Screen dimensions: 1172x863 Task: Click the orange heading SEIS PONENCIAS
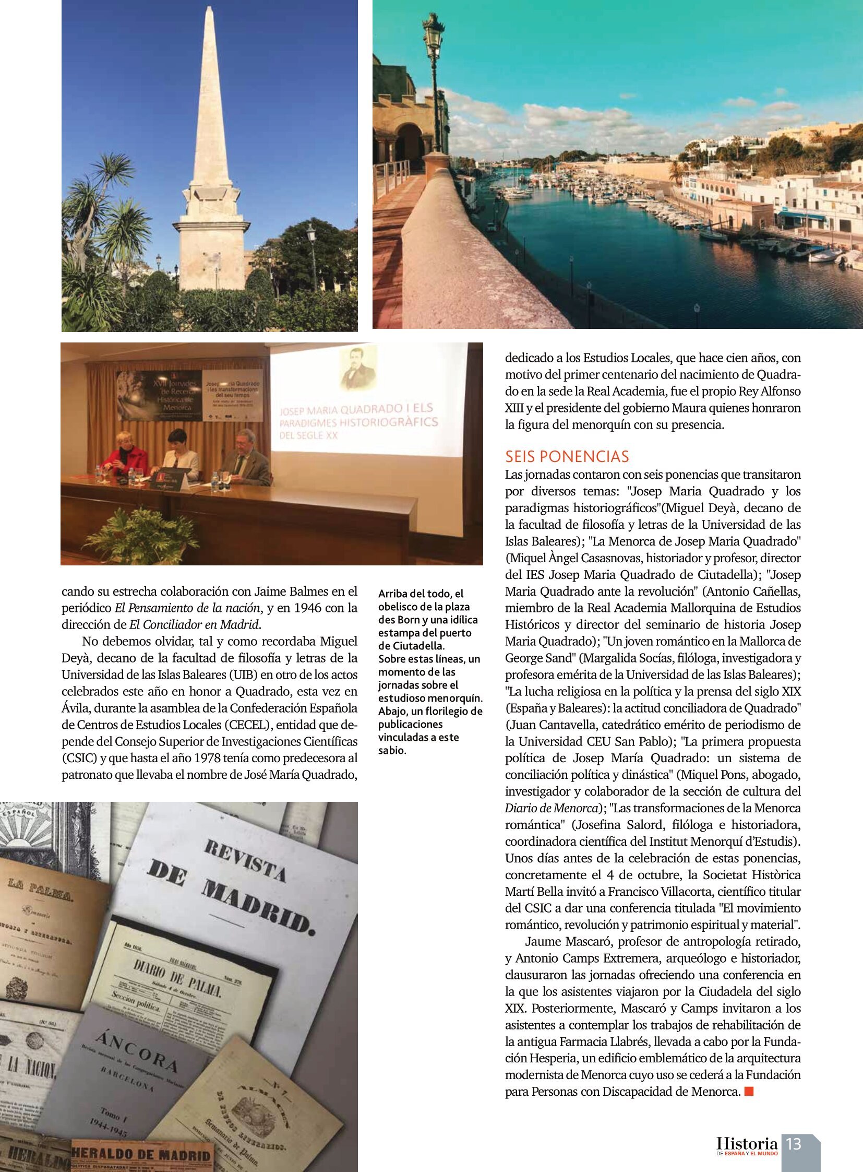pyautogui.click(x=567, y=456)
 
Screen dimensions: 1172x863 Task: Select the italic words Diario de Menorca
pyautogui.click(x=551, y=808)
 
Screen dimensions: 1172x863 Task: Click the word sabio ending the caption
pyautogui.click(x=392, y=751)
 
